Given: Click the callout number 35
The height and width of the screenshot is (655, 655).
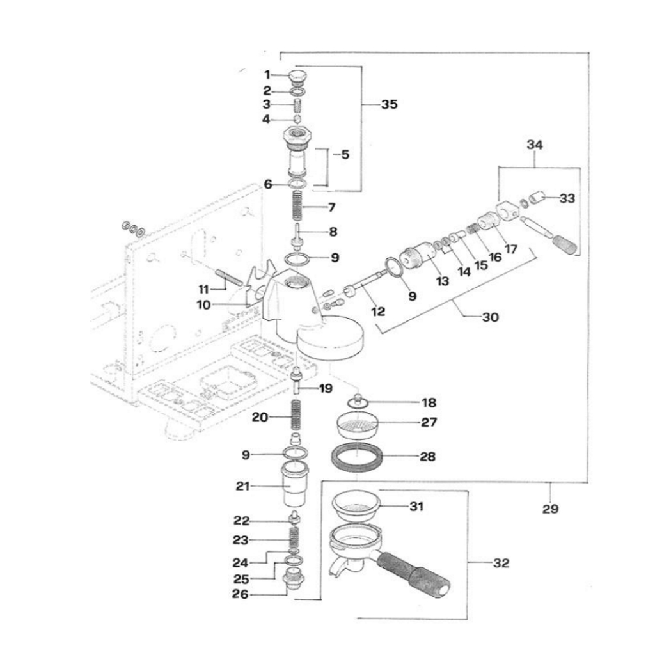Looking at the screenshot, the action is point(389,104).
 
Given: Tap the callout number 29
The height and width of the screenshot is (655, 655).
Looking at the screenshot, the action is point(550,509).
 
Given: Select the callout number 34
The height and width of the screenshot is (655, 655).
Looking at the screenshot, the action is point(535,145).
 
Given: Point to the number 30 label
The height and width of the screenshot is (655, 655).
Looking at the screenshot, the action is point(491,317).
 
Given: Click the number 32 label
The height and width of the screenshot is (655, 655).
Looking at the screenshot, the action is point(501,563).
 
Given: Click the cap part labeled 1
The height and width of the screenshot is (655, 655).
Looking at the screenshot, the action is point(298,78).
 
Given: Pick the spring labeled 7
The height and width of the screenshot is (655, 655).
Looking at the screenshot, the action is point(296,206).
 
